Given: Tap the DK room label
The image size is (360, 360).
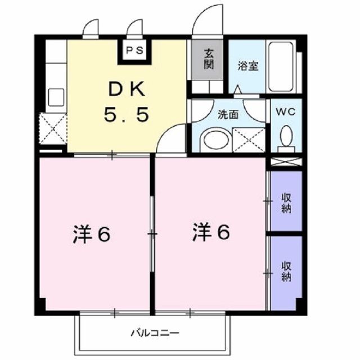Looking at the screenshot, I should click(x=126, y=89).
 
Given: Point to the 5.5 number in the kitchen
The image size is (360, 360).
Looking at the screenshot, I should click(x=126, y=115).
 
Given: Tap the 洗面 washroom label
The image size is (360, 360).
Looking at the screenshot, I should click(x=227, y=114).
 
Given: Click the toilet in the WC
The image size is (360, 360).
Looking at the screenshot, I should click(x=286, y=137).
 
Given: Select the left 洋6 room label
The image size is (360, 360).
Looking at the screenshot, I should click(x=91, y=233).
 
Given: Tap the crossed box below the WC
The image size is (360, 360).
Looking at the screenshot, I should click(x=286, y=161).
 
